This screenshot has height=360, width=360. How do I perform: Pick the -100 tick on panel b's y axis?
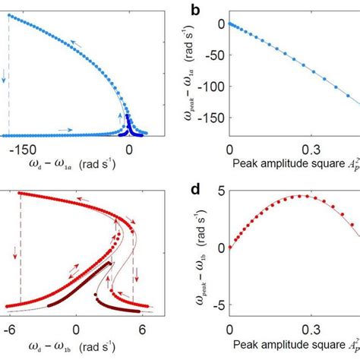(213, 87)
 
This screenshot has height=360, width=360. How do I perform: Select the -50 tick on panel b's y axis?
(216, 55)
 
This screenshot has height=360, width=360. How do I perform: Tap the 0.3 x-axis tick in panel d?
(307, 331)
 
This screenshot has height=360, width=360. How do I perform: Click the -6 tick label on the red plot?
(10, 331)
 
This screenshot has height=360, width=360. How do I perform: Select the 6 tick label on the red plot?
(141, 331)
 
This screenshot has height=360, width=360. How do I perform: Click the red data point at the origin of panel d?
(230, 248)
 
